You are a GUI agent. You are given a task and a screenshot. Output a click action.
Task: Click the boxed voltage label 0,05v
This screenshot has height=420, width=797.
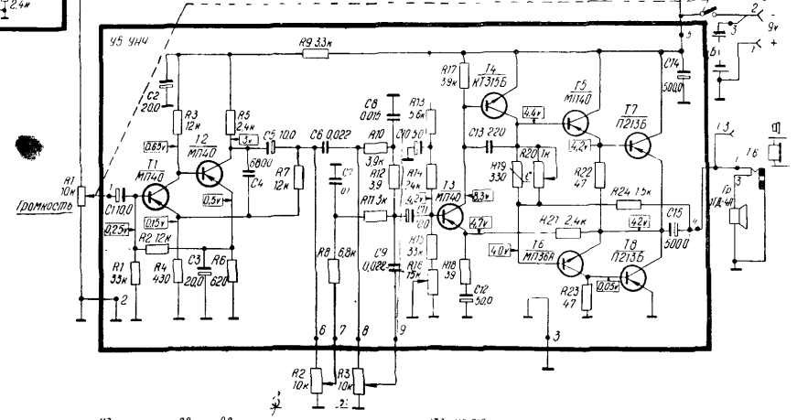tap(606, 285)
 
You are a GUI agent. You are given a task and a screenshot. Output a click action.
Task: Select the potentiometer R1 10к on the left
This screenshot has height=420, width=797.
tap(82, 196)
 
